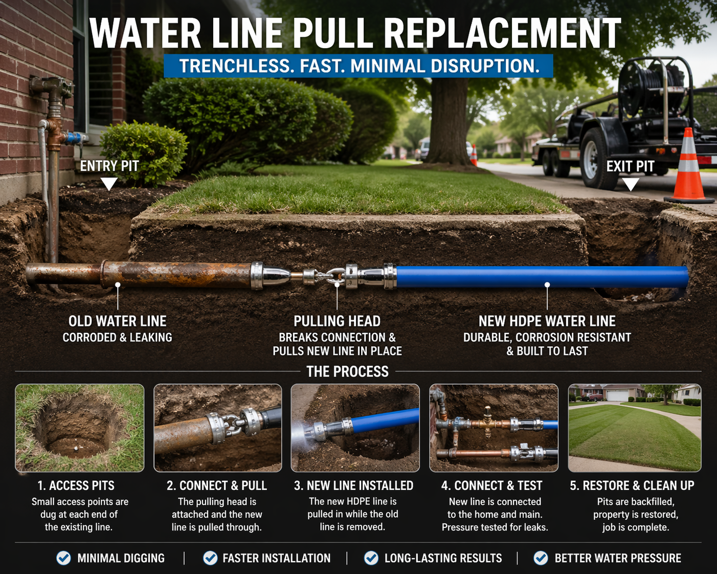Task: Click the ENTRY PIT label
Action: (x=109, y=166)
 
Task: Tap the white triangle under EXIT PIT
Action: (x=631, y=184)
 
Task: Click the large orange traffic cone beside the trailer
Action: (x=688, y=167)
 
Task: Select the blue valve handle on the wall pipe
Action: (x=75, y=138)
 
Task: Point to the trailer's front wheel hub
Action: (x=591, y=159)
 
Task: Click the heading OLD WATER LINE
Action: (x=117, y=321)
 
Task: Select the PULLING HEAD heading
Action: (x=337, y=321)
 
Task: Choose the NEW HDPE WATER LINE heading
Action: (x=547, y=321)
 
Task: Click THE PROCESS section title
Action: (x=348, y=371)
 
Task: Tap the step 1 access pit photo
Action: (x=80, y=428)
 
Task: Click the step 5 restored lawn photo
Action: (x=635, y=428)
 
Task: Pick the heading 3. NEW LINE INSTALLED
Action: (x=353, y=485)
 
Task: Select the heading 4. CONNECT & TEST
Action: (x=492, y=485)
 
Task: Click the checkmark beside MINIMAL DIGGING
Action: (x=63, y=558)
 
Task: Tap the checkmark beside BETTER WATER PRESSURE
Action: (x=541, y=558)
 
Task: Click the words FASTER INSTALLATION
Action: (x=277, y=558)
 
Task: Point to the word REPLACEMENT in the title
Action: (x=502, y=34)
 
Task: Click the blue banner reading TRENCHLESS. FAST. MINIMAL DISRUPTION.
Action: (x=358, y=65)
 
